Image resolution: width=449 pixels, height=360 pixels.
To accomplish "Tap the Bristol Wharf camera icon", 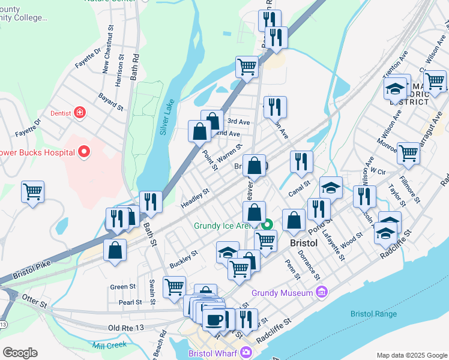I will pyautogui.click(x=246, y=353).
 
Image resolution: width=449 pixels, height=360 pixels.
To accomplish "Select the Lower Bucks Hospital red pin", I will pyautogui.click(x=84, y=152).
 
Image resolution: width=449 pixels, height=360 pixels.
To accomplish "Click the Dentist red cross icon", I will pyautogui.click(x=79, y=112).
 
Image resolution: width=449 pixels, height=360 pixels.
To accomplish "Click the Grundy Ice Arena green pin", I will pyautogui.click(x=268, y=226).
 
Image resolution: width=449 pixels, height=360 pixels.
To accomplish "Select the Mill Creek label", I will pyautogui.click(x=110, y=346).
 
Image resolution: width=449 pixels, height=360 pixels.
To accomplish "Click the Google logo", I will pyautogui.click(x=20, y=353).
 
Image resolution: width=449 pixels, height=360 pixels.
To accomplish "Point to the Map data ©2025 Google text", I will pyautogui.click(x=411, y=355).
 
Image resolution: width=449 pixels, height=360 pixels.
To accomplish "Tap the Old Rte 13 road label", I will pyautogui.click(x=127, y=328).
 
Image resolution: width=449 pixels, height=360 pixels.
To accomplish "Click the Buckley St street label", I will pyautogui.click(x=183, y=260).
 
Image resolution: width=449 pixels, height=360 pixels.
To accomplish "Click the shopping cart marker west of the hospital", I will pyautogui.click(x=32, y=192).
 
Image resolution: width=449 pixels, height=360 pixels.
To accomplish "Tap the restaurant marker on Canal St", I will pyautogui.click(x=301, y=161).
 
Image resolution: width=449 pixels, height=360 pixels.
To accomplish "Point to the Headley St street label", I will pyautogui.click(x=194, y=199).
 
